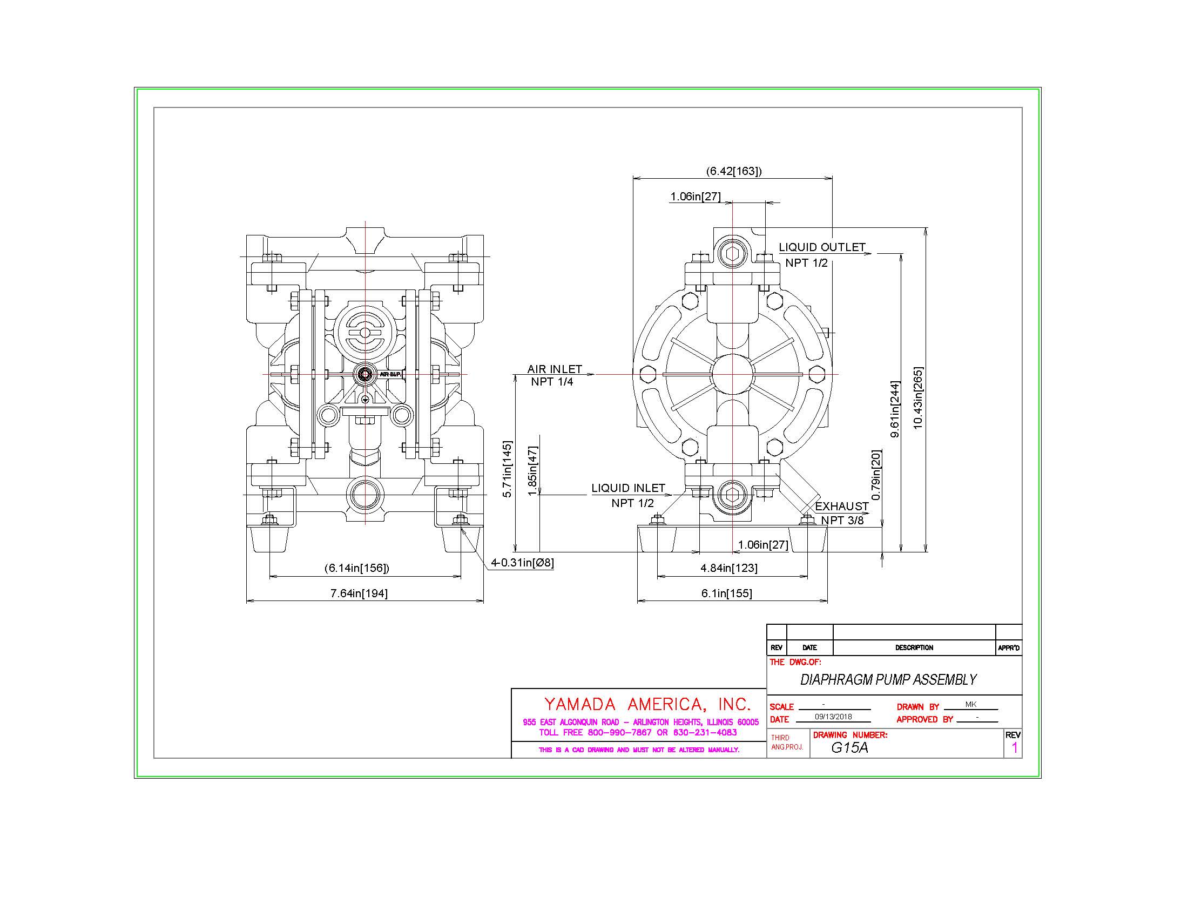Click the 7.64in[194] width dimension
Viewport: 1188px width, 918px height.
click(359, 593)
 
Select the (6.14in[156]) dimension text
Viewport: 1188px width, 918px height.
click(357, 568)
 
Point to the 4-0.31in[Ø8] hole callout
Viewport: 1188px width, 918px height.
click(522, 562)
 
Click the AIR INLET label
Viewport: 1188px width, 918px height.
click(554, 369)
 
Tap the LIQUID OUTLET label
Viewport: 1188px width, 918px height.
click(821, 247)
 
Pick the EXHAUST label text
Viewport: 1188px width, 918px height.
click(841, 506)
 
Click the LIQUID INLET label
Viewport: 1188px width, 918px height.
click(628, 488)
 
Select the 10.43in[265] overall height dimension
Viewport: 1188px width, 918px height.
click(918, 398)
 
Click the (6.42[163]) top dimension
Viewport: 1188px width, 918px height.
click(734, 171)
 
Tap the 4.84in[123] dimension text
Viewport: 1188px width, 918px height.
click(729, 568)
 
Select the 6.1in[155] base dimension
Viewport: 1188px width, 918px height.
click(726, 593)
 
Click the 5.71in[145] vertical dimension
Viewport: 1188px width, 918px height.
click(507, 469)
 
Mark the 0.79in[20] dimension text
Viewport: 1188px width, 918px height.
click(876, 474)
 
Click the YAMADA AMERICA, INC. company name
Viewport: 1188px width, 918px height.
click(647, 704)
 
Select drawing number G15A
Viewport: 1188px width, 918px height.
click(849, 747)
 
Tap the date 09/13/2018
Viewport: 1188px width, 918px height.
click(833, 717)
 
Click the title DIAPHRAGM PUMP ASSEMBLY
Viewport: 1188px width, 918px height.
click(888, 679)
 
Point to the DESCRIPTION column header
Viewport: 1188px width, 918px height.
click(914, 647)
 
